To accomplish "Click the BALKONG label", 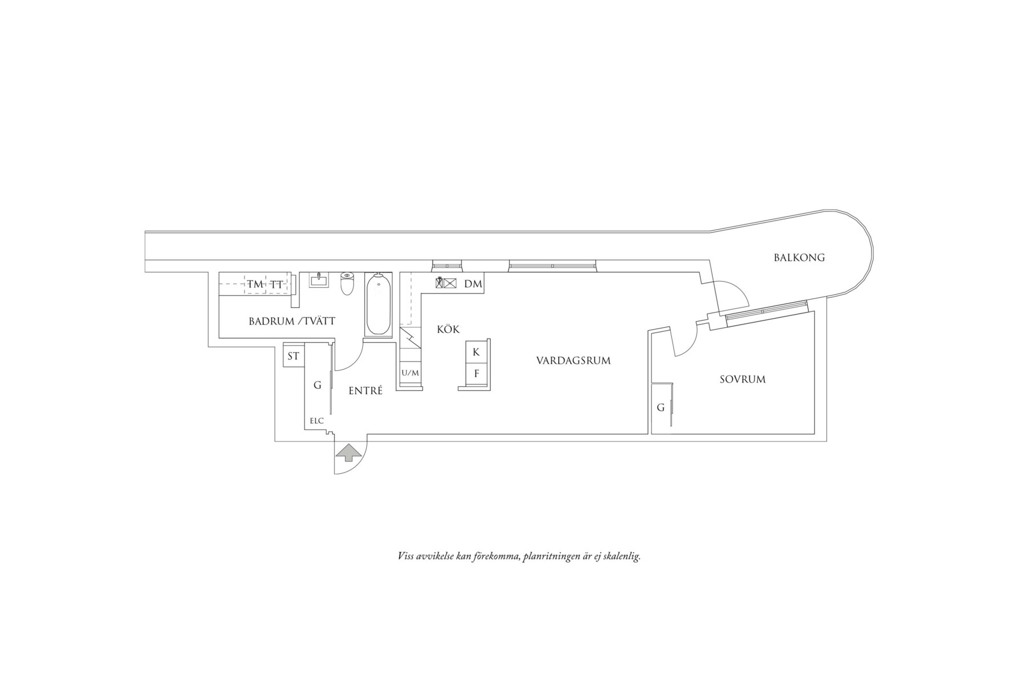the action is click(x=799, y=258).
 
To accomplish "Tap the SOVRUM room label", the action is click(x=742, y=379).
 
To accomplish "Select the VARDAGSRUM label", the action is click(x=573, y=361).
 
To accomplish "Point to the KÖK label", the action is click(x=448, y=329).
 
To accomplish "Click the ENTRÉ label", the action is click(x=365, y=391).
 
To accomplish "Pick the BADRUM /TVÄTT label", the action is click(x=292, y=322).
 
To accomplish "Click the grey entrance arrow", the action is click(x=349, y=454).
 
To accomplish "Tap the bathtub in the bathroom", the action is click(x=379, y=304).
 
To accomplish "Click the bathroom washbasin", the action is click(x=319, y=279).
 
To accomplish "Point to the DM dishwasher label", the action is click(x=473, y=284).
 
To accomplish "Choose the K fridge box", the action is click(x=476, y=352).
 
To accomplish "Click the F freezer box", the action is click(x=476, y=374).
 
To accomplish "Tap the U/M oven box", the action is click(x=410, y=374).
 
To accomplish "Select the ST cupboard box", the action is click(x=293, y=356).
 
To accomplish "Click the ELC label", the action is click(x=317, y=421).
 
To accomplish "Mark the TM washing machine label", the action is click(x=255, y=284).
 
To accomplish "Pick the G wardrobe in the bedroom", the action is click(x=662, y=408).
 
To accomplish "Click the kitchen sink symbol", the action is click(x=446, y=282).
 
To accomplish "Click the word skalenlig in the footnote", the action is click(x=621, y=556).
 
